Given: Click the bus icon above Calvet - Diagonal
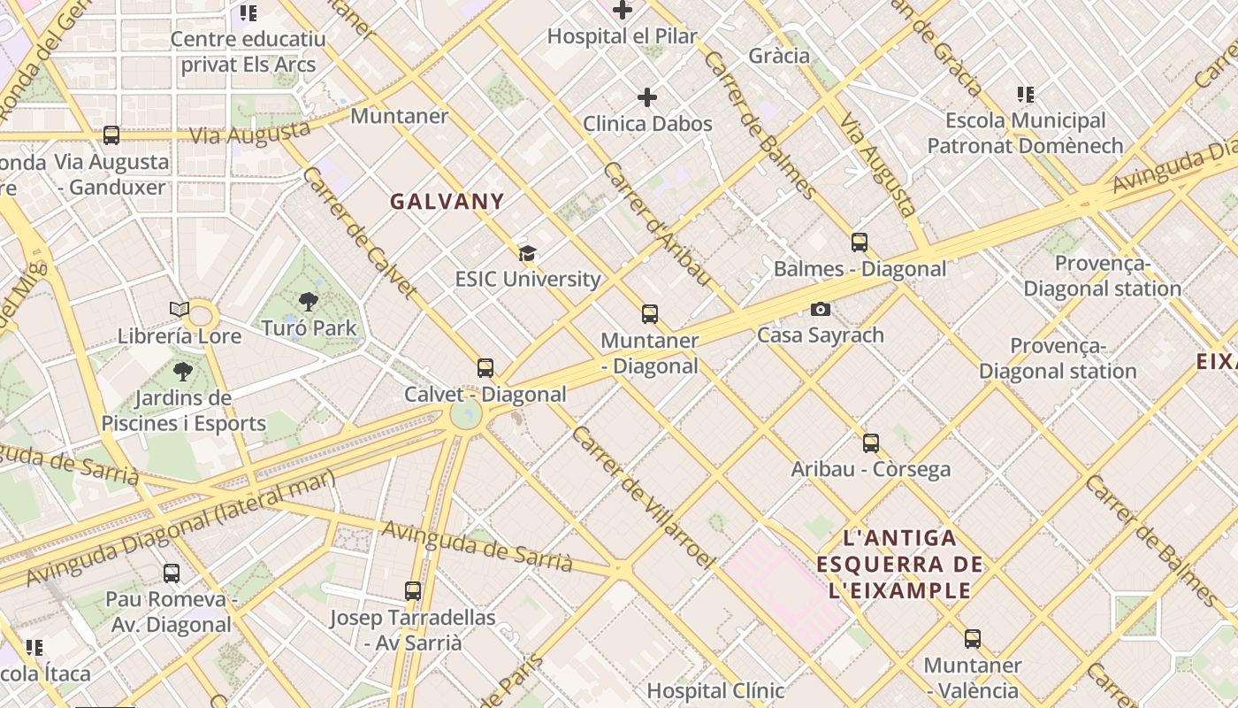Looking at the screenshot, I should pos(485,367).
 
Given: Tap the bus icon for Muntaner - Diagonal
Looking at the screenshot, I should pos(650,313).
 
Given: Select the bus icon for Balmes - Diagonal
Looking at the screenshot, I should pos(860,242).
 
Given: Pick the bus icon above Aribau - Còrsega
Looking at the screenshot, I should pos(871,442).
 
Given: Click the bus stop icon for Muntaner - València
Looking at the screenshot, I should pos(973,638).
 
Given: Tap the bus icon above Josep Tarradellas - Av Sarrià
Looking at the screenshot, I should pos(413,590).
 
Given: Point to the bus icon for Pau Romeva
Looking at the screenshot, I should pos(172,573).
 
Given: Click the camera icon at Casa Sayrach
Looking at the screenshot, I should pos(821,309).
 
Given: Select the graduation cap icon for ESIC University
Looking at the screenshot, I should pos(528,253).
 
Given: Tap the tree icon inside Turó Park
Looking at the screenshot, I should pos(309,302).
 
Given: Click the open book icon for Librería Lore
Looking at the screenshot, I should pos(180,310).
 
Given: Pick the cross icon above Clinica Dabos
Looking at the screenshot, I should pos(647,96).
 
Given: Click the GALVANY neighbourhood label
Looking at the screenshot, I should pos(447,202).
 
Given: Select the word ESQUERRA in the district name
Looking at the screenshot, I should pos(899,565).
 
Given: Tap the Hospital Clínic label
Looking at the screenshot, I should pos(715,690).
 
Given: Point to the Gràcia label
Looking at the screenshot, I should pos(779,56).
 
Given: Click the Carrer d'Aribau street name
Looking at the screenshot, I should pos(657,224).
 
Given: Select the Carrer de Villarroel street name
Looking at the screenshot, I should pos(643,497).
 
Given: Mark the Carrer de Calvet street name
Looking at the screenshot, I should pos(359,232).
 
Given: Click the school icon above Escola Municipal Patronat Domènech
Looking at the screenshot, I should pos(1026,94).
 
